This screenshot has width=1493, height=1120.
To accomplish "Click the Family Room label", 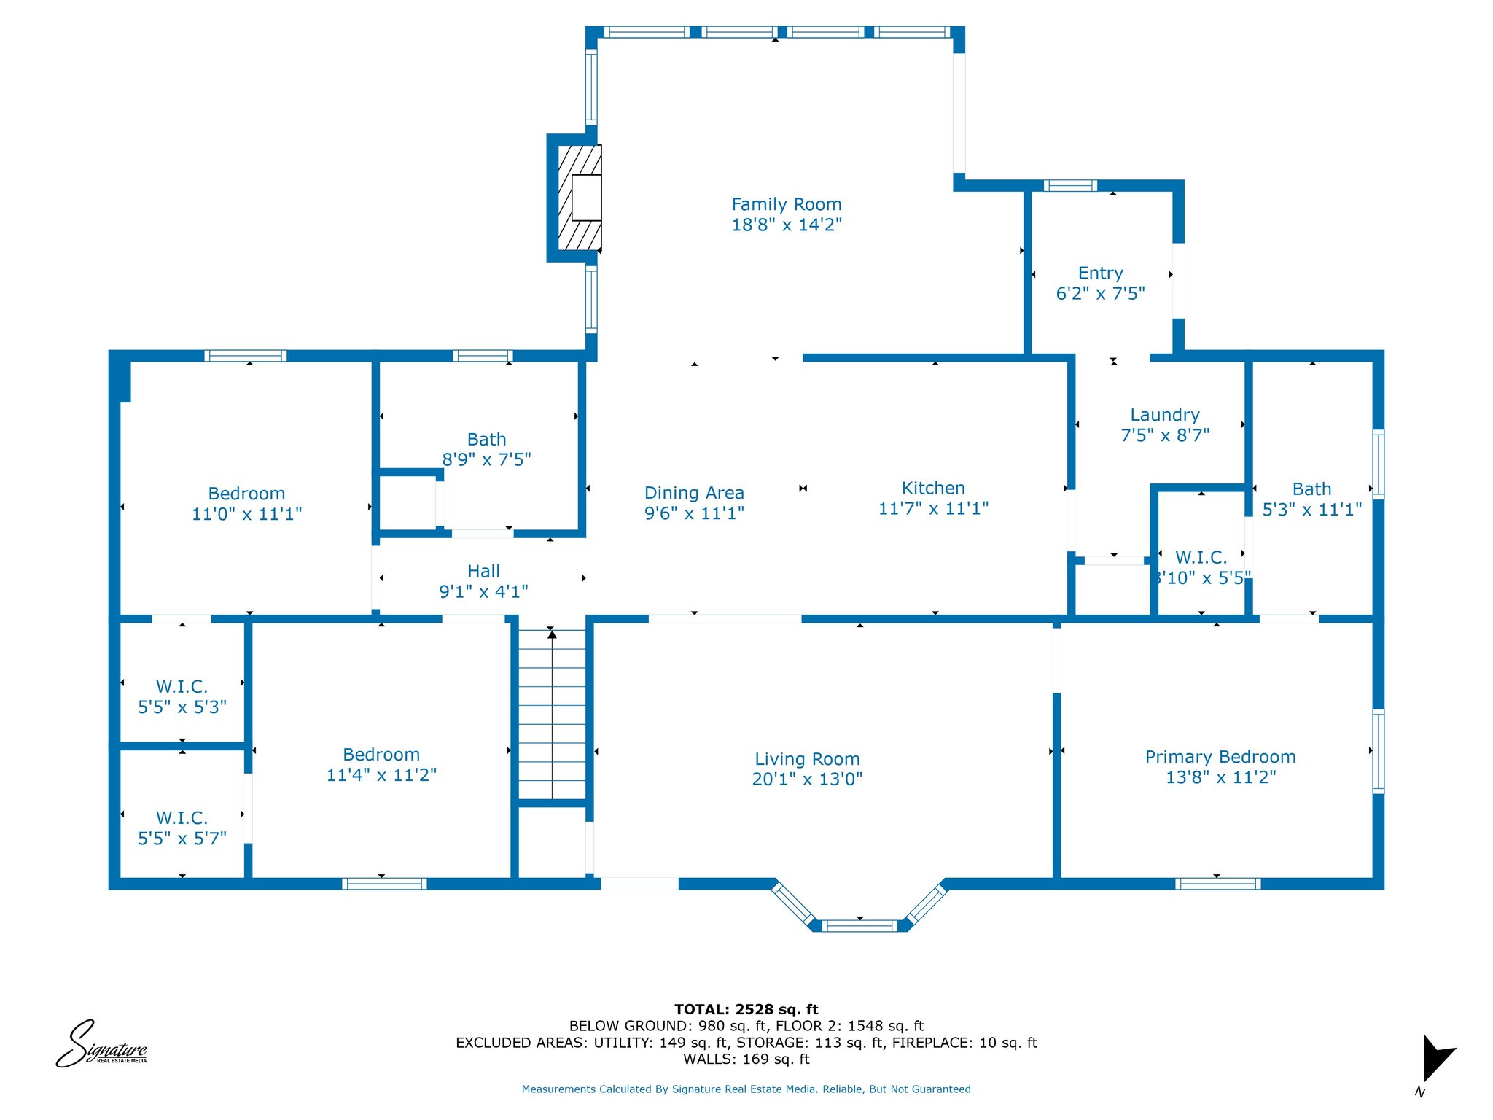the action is (x=787, y=204).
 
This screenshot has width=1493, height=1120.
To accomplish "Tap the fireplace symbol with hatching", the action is (x=580, y=198).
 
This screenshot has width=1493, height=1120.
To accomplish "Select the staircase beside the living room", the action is (x=552, y=715).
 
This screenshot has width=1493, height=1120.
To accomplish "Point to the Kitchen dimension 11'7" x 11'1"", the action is (x=933, y=508).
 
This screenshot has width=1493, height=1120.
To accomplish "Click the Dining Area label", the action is (x=694, y=493).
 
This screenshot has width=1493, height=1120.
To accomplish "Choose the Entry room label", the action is (x=1101, y=273).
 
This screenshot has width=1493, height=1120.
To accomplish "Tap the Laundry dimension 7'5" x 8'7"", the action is (x=1165, y=435).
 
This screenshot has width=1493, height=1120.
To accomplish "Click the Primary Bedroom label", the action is (x=1220, y=757).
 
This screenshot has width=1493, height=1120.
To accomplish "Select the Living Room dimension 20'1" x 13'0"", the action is (x=807, y=779).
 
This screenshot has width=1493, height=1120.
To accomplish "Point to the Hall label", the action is (x=484, y=571).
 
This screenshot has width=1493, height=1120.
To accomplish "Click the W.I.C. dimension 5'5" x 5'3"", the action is (x=182, y=707).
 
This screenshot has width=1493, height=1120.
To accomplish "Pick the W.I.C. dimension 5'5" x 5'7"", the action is (x=182, y=839).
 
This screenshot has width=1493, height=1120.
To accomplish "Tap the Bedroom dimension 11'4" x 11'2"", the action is (x=381, y=774).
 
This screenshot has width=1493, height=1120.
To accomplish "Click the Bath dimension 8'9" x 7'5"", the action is (x=486, y=459).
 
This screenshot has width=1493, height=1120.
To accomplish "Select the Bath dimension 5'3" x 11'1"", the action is (x=1312, y=509).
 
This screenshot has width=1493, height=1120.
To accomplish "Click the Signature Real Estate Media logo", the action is (x=102, y=1044).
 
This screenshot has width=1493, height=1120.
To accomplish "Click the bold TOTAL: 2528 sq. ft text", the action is (x=746, y=1009).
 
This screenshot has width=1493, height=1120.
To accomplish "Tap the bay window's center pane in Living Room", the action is (x=860, y=926).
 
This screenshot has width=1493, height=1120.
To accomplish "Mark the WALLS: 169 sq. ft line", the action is (x=746, y=1059).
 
